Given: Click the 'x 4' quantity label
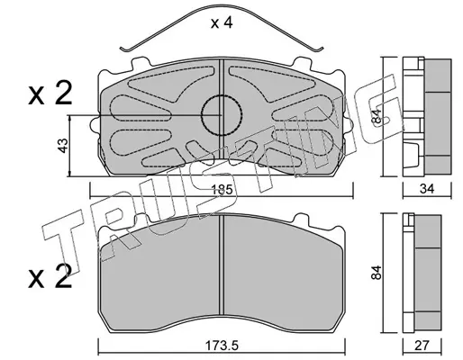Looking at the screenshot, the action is point(222,23).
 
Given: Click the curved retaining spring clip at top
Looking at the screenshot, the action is point(222,5).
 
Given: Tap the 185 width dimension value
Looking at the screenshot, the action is point(222,190).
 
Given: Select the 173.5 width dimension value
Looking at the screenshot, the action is point(222,346).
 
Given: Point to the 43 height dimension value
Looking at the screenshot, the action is point(63,146).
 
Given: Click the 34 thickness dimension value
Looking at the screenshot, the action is point(427,189).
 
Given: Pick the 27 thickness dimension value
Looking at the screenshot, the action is point(422,346).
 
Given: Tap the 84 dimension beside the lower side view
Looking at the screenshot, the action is point(376,273).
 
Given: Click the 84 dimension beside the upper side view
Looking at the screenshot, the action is point(376,116).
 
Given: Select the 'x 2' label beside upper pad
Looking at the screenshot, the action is point(50,94).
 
